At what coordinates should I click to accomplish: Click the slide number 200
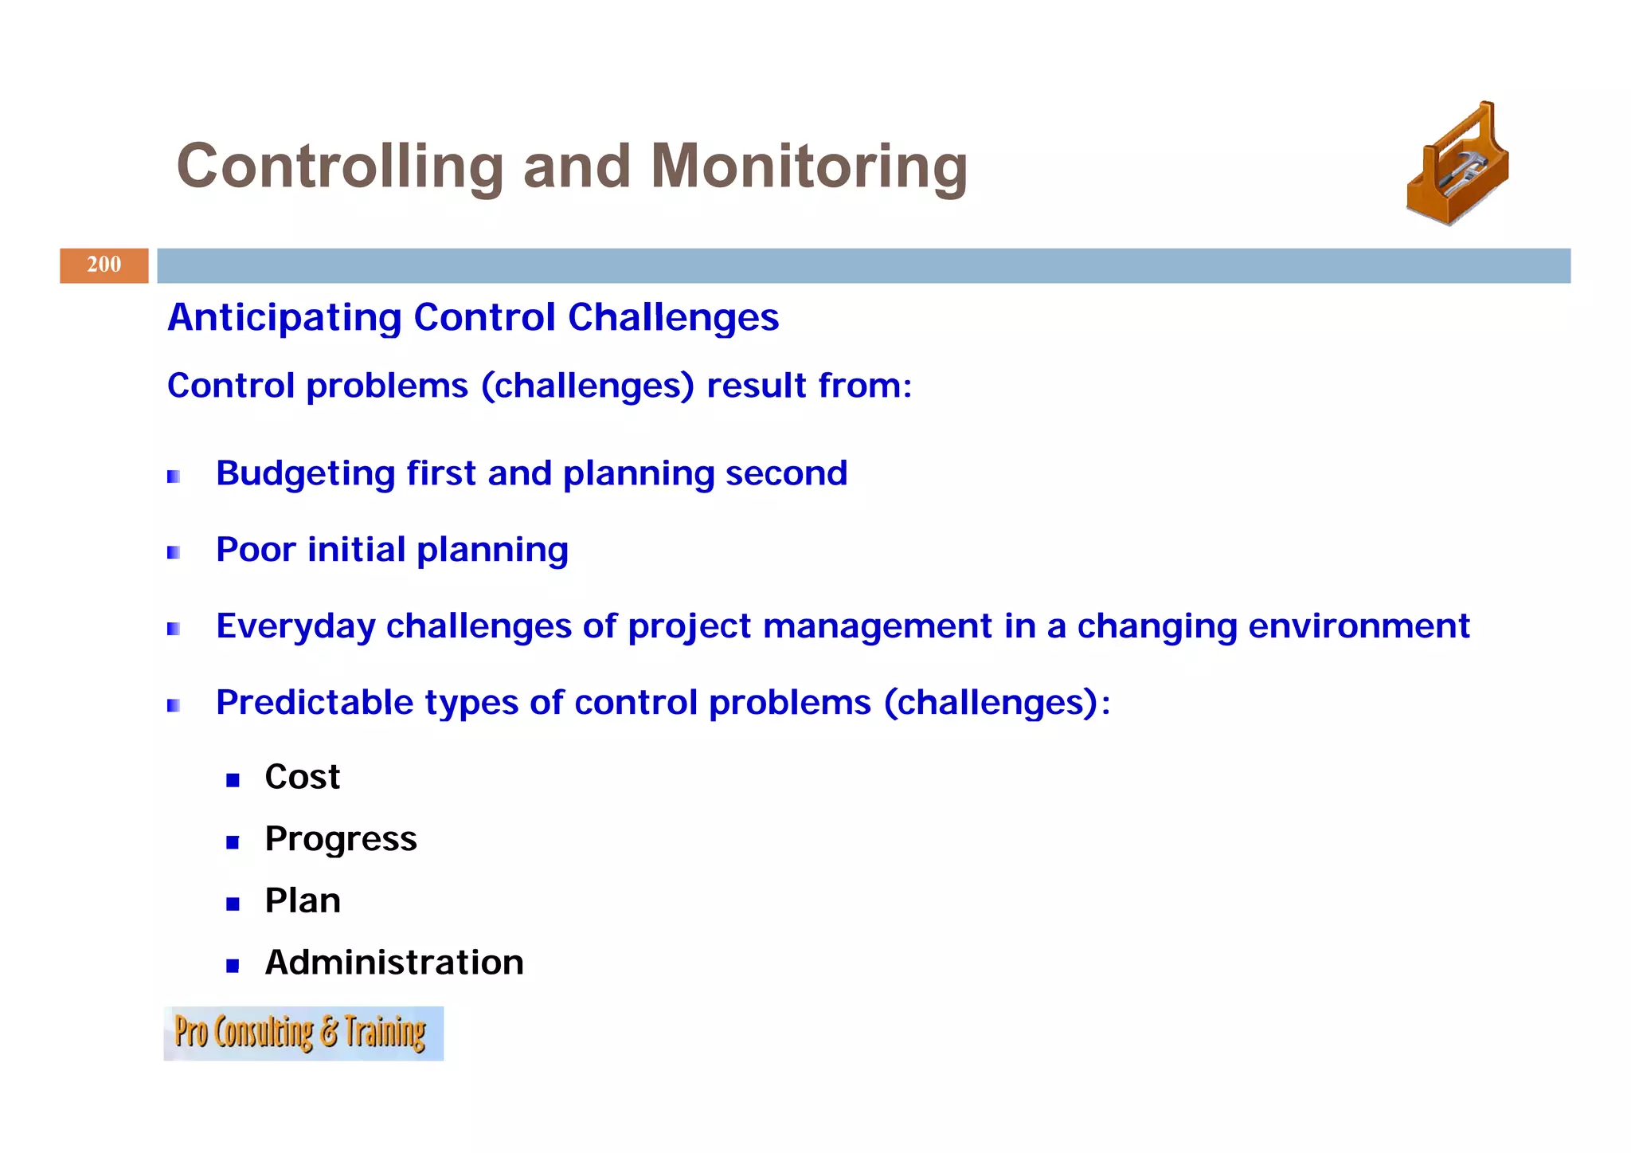[x=104, y=265]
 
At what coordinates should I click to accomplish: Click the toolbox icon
[x=1458, y=165]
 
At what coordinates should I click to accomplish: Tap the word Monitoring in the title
[x=808, y=167]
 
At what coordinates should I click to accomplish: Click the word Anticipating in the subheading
[x=284, y=318]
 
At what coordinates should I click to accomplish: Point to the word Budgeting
[x=305, y=474]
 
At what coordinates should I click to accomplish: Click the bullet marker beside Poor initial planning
[x=174, y=552]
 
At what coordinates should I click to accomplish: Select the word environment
[x=1358, y=626]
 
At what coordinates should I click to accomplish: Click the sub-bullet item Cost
[x=302, y=777]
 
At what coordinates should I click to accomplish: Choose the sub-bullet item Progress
[x=340, y=839]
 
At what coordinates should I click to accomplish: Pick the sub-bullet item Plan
[x=302, y=901]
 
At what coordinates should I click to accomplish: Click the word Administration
[x=394, y=963]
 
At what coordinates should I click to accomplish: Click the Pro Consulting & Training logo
[x=303, y=1033]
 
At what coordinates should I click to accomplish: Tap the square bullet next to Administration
[x=233, y=967]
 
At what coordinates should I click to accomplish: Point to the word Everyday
[x=295, y=626]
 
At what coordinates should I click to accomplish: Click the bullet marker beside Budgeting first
[x=174, y=476]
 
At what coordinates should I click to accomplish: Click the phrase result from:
[x=808, y=386]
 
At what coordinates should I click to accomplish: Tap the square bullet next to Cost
[x=233, y=780]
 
